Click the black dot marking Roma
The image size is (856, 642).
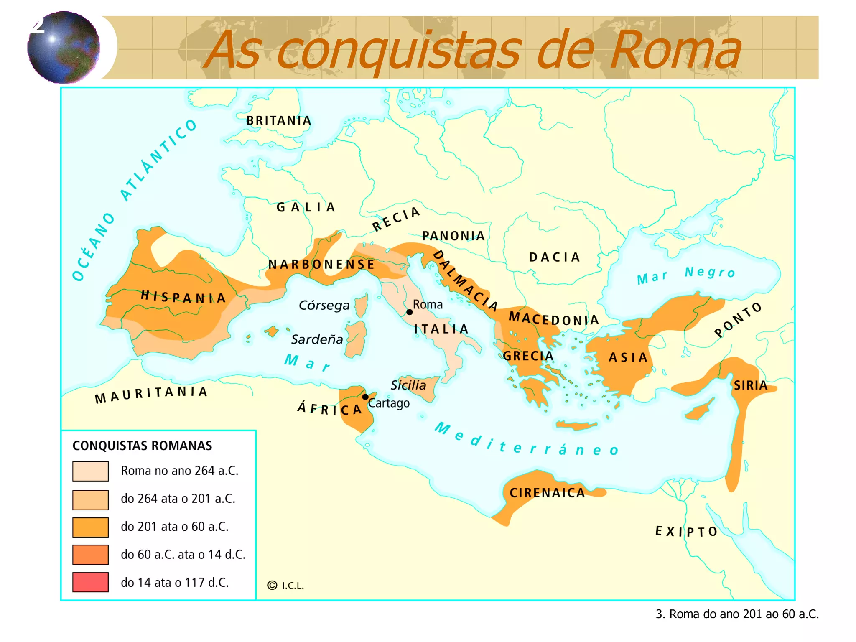(x=410, y=312)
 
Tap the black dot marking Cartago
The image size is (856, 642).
(x=365, y=397)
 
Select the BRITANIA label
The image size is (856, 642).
(x=279, y=121)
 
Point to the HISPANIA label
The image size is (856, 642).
(x=183, y=297)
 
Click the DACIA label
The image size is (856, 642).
(x=555, y=257)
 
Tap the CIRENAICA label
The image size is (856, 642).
(x=547, y=493)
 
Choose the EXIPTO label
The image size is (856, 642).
(x=686, y=532)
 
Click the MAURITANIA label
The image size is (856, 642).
(x=151, y=394)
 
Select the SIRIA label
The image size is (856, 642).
(x=751, y=385)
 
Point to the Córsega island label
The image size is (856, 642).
(x=324, y=306)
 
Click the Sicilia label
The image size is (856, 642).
(x=408, y=385)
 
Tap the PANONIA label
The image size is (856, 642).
(x=453, y=236)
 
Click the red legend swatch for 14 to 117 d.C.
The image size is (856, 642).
(x=90, y=582)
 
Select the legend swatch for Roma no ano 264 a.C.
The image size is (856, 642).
(x=90, y=471)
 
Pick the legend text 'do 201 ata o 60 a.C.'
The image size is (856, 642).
(x=175, y=527)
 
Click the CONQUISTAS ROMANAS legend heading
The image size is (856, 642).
(x=142, y=446)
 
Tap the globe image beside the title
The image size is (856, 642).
(x=64, y=47)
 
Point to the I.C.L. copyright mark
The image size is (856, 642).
(x=286, y=586)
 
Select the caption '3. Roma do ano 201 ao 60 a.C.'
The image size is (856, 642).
(x=737, y=614)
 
